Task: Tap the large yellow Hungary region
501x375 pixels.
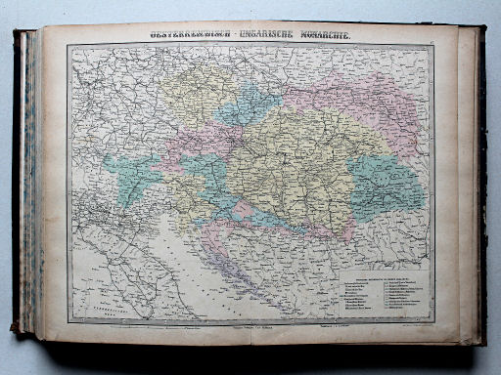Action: click(x=284, y=156)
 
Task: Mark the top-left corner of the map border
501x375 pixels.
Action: click(x=68, y=45)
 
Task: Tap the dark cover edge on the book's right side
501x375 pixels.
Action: click(x=482, y=186)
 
